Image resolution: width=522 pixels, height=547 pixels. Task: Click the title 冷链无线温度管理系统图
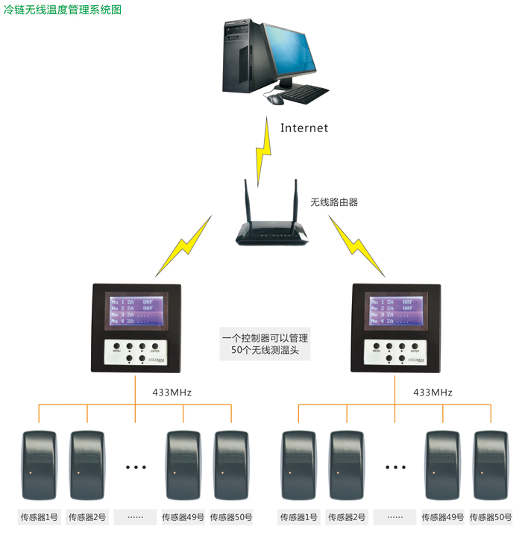tap(63, 10)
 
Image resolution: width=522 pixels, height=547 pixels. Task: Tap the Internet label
tap(304, 128)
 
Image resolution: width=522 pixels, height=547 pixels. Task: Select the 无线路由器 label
tap(334, 201)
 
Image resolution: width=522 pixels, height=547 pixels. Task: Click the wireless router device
tap(273, 232)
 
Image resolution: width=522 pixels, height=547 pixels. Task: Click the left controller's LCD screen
tap(136, 310)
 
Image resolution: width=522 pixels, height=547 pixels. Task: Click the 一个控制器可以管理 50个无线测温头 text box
tap(265, 344)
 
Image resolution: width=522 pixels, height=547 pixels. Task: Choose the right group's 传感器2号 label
tap(348, 516)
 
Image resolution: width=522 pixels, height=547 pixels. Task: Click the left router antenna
tap(249, 201)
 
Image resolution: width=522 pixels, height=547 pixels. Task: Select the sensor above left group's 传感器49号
tap(183, 465)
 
